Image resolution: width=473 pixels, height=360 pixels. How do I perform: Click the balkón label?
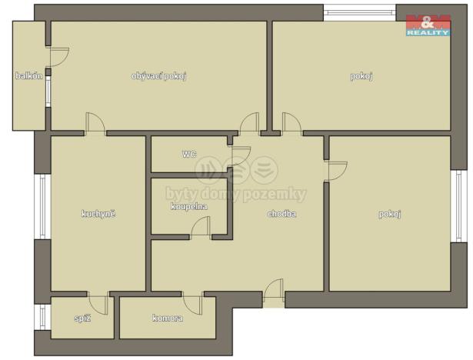coord(28,75)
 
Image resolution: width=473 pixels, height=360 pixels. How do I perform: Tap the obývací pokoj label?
coord(160,75)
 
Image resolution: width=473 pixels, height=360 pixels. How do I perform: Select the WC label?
coord(189,154)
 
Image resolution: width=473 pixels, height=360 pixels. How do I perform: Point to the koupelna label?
coord(188,206)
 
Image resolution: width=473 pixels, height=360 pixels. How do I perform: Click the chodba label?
coord(281,214)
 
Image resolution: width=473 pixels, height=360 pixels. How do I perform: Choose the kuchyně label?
coord(98,213)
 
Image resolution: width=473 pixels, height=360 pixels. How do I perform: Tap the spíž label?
coord(82,318)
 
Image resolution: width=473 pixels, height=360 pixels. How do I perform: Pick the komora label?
coord(167,318)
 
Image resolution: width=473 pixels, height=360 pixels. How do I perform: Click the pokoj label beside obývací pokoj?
coord(361,75)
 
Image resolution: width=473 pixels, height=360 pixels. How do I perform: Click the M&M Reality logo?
coord(428,24)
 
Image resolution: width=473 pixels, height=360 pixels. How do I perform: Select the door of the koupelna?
coord(201,227)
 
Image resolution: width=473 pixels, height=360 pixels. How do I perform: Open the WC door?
coord(239,155)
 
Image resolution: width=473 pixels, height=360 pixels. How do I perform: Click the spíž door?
coord(98,302)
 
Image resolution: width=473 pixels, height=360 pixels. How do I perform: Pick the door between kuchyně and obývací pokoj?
coord(95,123)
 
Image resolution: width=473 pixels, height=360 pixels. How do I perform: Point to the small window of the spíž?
coord(42,316)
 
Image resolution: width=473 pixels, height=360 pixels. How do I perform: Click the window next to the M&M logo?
coord(359,13)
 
